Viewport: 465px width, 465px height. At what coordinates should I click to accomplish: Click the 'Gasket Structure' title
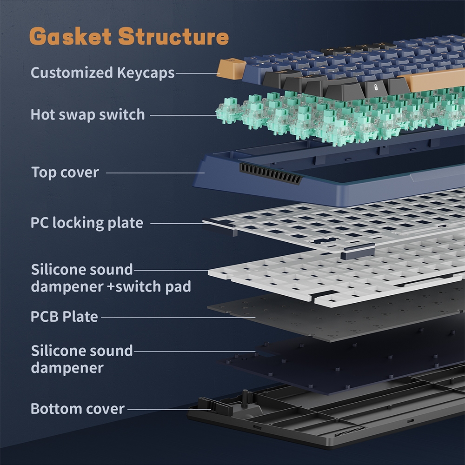pos(129,37)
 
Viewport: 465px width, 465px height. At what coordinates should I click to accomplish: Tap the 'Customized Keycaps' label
pos(102,73)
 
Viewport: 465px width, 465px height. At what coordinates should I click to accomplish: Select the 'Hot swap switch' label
pos(87,114)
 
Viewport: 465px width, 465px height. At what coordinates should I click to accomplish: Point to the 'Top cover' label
pos(65,173)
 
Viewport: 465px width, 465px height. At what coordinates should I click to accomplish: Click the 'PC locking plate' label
pos(86,223)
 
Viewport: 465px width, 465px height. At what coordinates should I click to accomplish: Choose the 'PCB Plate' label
pos(64,317)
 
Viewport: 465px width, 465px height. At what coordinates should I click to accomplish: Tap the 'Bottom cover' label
pos(78,409)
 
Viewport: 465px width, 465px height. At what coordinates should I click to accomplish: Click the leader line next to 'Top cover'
pos(155,173)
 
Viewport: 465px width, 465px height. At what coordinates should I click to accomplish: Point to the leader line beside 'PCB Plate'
pos(177,318)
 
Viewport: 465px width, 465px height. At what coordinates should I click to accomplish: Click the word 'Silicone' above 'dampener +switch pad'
pos(57,269)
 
